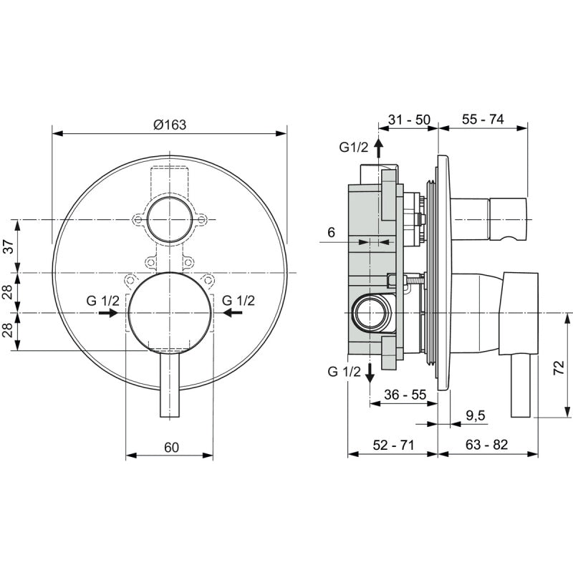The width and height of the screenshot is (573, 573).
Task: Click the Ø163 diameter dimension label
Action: [x=170, y=124]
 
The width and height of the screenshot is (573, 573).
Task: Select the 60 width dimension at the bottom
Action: [x=170, y=448]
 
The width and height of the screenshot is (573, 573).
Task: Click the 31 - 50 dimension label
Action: [x=409, y=120]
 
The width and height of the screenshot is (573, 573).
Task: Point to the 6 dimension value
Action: [x=331, y=232]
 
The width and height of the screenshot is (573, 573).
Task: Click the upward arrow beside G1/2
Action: [x=379, y=148]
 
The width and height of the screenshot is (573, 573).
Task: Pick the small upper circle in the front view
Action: [x=170, y=218]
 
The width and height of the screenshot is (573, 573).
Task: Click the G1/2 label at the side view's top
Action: [x=353, y=148]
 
